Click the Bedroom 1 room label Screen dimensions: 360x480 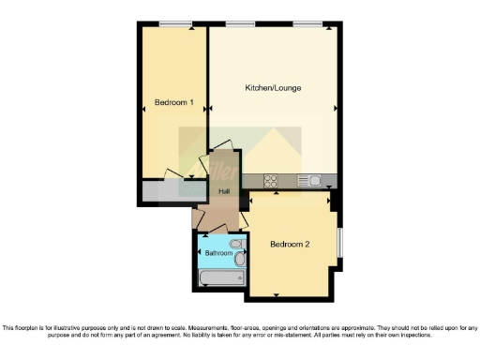click(173, 102)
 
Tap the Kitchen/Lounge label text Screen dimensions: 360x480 click(273, 87)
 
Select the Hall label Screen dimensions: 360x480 click(224, 192)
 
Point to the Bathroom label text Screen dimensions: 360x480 click(218, 253)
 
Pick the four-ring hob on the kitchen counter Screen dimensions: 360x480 click(271, 181)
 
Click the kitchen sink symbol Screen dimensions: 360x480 click(309, 181)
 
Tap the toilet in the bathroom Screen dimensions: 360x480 click(238, 247)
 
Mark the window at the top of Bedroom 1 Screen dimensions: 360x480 click(172, 22)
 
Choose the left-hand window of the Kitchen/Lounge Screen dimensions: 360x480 click(241, 22)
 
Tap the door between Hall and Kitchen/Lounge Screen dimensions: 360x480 click(223, 157)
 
